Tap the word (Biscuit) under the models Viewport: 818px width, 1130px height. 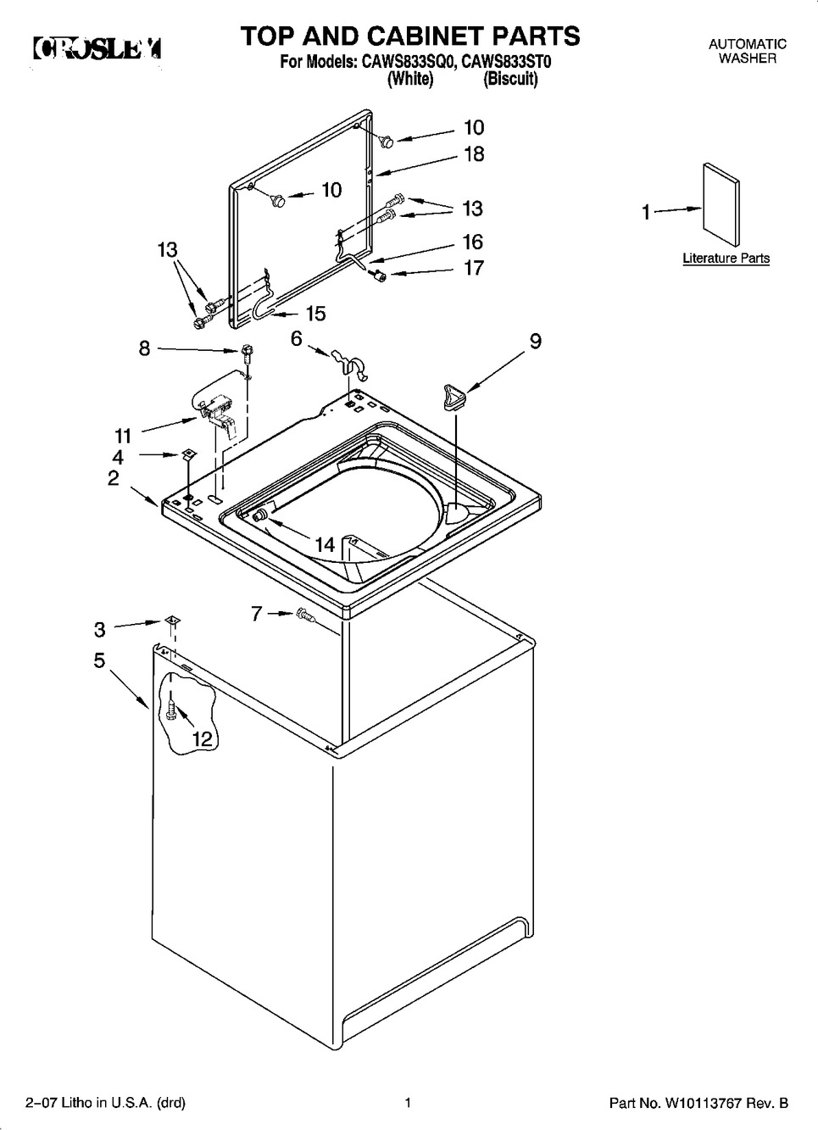pyautogui.click(x=510, y=80)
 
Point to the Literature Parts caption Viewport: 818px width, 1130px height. pyautogui.click(x=726, y=259)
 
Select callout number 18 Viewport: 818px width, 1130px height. pyautogui.click(x=474, y=153)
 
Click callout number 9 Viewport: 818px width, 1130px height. pyautogui.click(x=535, y=341)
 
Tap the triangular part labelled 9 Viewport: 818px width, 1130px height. pyautogui.click(x=454, y=396)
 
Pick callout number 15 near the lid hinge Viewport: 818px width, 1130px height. pyautogui.click(x=315, y=314)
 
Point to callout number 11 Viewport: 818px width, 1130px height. pyautogui.click(x=123, y=436)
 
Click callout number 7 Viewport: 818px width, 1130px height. pyautogui.click(x=257, y=614)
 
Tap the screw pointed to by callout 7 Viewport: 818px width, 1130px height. pyautogui.click(x=304, y=616)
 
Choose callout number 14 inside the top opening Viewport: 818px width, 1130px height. pyautogui.click(x=325, y=545)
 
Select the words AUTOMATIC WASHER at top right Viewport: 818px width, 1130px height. pyautogui.click(x=747, y=51)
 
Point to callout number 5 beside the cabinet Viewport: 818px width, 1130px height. pyautogui.click(x=100, y=660)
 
